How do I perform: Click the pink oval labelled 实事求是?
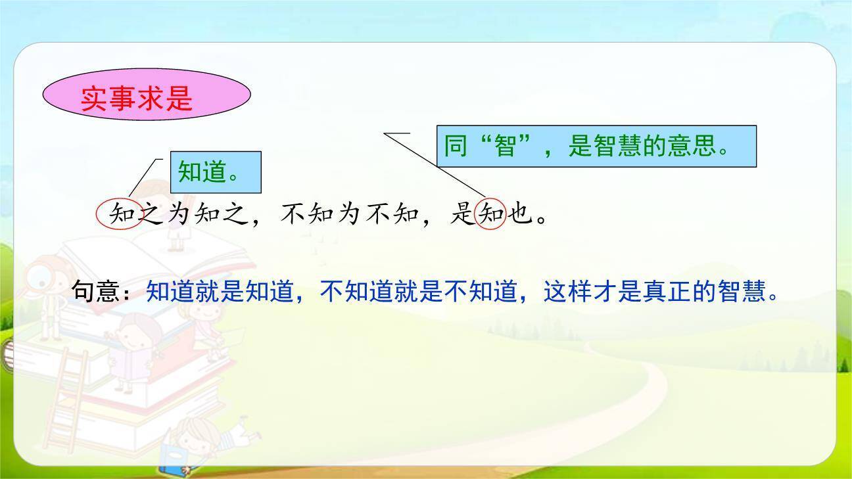tap(146, 96)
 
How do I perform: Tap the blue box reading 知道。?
tap(215, 172)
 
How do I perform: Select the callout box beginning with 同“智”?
tap(596, 146)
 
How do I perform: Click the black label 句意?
tap(95, 292)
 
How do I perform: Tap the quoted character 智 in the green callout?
tap(506, 146)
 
